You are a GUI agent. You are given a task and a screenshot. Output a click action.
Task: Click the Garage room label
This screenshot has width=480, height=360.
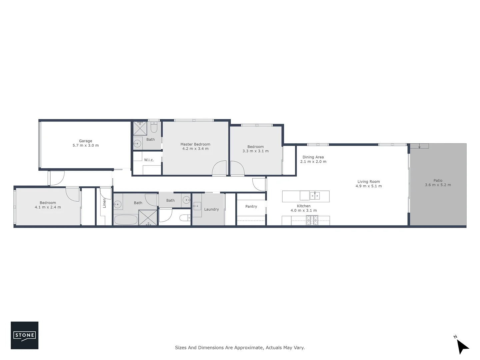coord(86,141)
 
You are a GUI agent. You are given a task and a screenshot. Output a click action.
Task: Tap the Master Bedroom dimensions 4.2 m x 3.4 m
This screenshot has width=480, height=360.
coord(195,149)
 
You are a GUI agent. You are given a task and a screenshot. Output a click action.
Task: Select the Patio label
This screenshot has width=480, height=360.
coord(438,180)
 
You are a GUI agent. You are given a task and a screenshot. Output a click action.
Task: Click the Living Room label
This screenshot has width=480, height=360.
coord(368,182)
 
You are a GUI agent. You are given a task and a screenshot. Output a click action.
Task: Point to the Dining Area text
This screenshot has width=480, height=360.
coord(313,157)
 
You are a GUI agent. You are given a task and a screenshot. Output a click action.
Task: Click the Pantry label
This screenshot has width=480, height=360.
coord(251,206)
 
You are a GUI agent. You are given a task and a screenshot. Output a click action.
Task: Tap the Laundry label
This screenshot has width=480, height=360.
coord(211,209)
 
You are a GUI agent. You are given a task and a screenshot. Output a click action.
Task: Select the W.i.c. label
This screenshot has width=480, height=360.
coord(149,160)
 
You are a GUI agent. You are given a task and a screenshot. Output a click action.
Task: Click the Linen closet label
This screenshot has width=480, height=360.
coord(104,203)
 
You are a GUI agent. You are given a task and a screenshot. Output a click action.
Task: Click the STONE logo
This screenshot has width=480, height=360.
coord(25,335)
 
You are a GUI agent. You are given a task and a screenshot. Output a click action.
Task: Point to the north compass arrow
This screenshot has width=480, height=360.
coord(462,346)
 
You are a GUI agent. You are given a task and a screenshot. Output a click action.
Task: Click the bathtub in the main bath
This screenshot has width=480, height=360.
coord(126,220)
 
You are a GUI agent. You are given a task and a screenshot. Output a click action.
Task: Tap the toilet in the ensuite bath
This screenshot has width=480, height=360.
coord(154,127)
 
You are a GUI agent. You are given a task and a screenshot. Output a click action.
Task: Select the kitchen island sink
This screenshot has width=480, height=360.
coord(315,195)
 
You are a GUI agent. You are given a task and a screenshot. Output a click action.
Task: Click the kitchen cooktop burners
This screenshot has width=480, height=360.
coord(312,220)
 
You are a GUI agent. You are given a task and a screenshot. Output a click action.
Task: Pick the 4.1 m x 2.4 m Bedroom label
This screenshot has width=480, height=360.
coord(48,205)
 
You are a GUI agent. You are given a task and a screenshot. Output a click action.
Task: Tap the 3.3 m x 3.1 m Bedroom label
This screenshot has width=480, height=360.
coord(255,149)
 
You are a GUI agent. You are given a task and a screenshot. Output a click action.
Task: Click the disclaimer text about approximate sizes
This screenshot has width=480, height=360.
coord(240,348)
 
